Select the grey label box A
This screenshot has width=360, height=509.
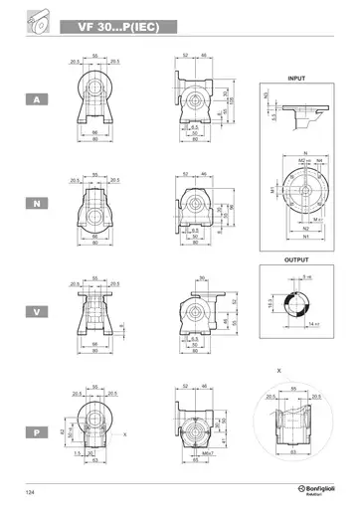pyautogui.click(x=37, y=99)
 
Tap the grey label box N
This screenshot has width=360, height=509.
pyautogui.click(x=37, y=204)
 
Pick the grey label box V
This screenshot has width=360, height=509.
pyautogui.click(x=37, y=311)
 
